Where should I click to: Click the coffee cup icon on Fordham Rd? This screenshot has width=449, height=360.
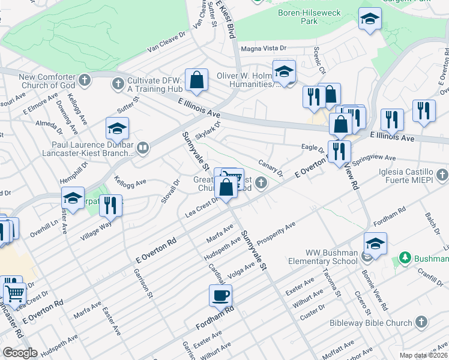coord(220,295)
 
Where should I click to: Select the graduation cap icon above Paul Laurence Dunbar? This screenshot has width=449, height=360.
coord(117,128)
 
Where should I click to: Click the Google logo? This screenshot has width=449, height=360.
coord(20,352)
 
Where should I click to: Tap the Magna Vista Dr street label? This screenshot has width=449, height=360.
coord(265,49)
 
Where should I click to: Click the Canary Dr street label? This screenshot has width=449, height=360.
coord(271,168)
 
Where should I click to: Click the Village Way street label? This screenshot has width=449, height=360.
coord(97,230)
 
